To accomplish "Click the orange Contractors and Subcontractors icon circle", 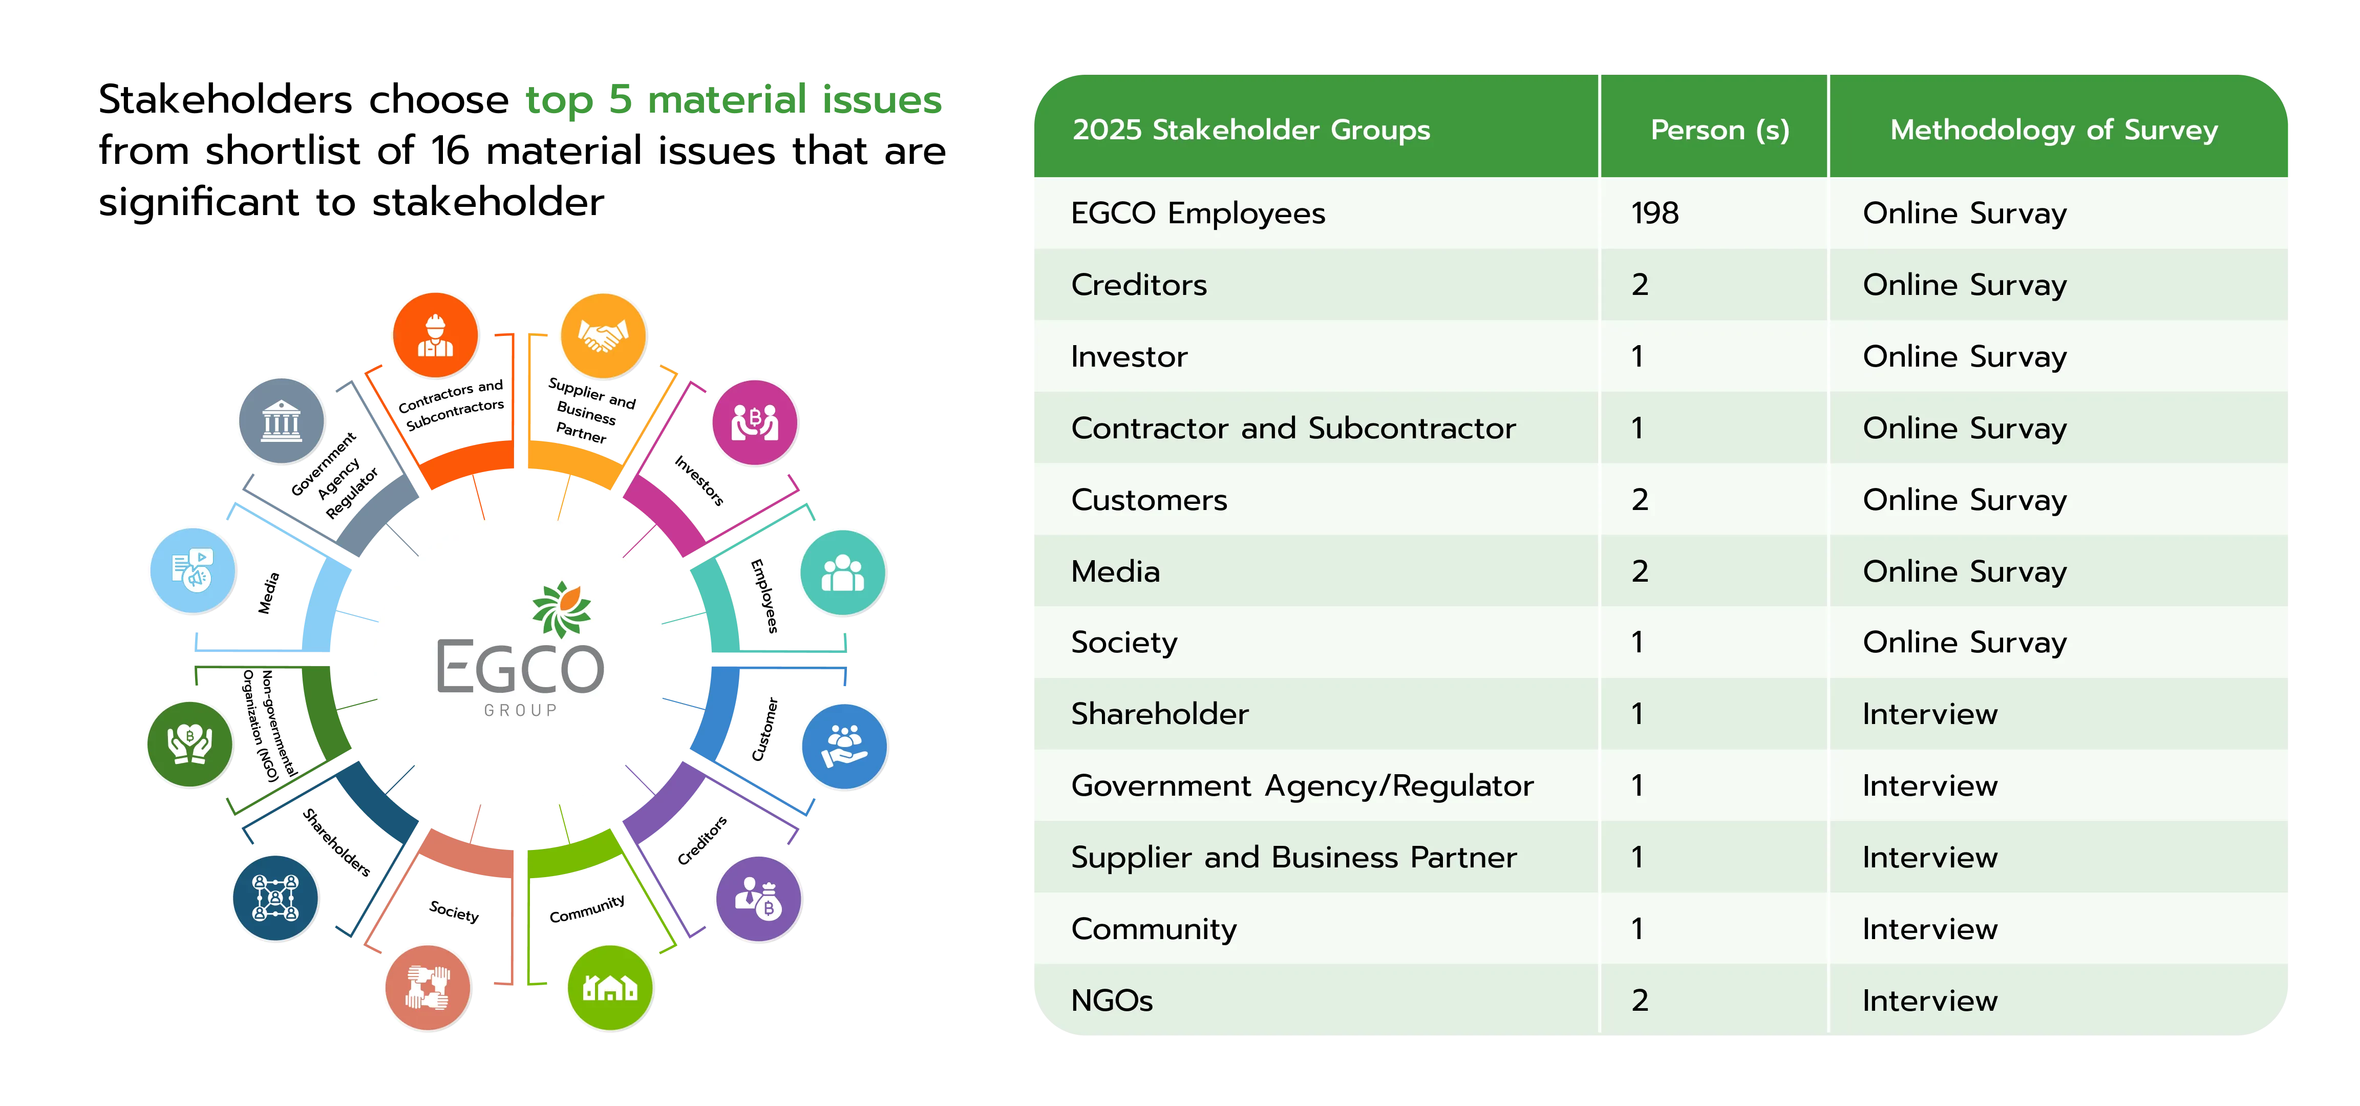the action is click(435, 335).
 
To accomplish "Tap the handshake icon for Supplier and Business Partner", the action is click(603, 335).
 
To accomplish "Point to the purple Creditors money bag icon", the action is click(758, 899).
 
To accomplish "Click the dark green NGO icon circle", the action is click(189, 744).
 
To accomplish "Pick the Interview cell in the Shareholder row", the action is click(1929, 714).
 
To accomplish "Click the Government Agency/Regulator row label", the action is click(1302, 785).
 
